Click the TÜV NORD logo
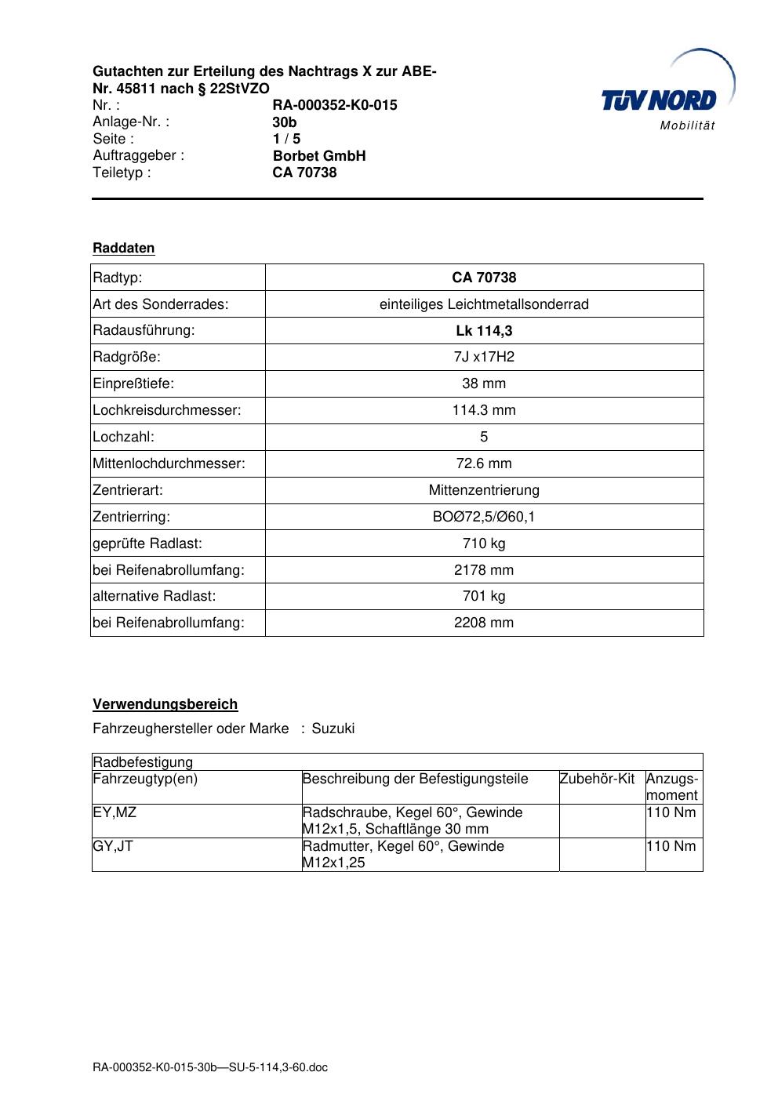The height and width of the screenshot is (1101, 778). click(x=660, y=100)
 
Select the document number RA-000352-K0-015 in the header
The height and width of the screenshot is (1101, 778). click(x=335, y=105)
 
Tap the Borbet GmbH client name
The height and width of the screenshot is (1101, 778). click(x=319, y=156)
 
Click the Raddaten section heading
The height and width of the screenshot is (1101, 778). click(x=124, y=249)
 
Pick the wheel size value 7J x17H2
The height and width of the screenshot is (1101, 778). click(x=484, y=358)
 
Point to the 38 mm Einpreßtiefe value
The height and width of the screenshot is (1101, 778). click(x=484, y=384)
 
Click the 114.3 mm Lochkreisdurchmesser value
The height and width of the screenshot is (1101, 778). click(x=484, y=411)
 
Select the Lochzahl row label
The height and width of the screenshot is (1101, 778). click(x=124, y=438)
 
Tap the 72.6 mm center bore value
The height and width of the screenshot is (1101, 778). click(x=484, y=464)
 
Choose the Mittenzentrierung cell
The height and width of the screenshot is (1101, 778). click(x=484, y=491)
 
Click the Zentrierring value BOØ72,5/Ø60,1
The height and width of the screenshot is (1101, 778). click(x=484, y=518)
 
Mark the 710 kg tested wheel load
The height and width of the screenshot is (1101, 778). click(x=484, y=544)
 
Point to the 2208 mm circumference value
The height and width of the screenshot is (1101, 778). click(x=484, y=623)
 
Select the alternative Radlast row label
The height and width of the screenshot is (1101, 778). click(x=155, y=597)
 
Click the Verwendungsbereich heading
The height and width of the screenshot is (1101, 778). click(x=165, y=705)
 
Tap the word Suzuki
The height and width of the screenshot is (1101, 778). click(x=333, y=729)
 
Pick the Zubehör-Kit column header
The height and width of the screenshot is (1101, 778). click(x=597, y=779)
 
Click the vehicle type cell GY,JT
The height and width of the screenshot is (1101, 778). click(x=113, y=847)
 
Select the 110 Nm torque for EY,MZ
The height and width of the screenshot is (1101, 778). click(x=671, y=813)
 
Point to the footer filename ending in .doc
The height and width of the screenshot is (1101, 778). click(x=210, y=1068)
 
